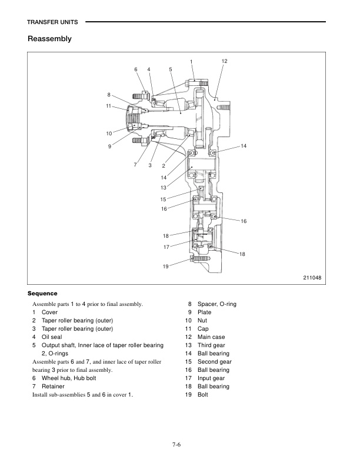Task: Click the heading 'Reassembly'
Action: [49, 39]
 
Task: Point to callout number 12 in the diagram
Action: [224, 61]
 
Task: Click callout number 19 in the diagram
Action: [166, 267]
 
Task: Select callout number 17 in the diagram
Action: [166, 247]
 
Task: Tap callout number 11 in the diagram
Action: [109, 106]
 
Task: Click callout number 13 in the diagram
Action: [164, 187]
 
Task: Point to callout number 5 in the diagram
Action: [170, 69]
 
